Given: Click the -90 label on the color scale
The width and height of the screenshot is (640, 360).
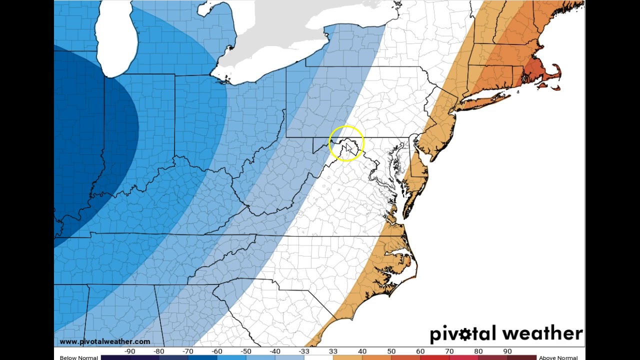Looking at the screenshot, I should pyautogui.click(x=130, y=351).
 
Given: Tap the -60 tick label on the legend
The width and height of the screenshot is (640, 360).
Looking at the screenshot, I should pyautogui.click(x=217, y=351).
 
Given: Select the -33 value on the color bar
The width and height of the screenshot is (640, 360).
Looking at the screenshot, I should pyautogui.click(x=304, y=351).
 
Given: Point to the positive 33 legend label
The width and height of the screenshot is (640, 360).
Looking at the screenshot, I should pyautogui.click(x=333, y=351).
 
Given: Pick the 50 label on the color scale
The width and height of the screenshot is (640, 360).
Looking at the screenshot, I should pyautogui.click(x=391, y=351).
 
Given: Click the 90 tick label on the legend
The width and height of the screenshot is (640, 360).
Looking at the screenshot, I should pyautogui.click(x=507, y=351).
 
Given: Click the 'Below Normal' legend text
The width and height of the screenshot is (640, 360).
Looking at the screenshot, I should pyautogui.click(x=78, y=357).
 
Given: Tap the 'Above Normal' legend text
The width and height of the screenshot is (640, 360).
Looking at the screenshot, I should pyautogui.click(x=558, y=357).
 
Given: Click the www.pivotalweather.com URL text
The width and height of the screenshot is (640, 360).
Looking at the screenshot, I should pyautogui.click(x=104, y=342).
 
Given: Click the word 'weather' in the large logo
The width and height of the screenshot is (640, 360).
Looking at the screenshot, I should pyautogui.click(x=543, y=333).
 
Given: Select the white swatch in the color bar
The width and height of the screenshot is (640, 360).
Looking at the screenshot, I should pyautogui.click(x=318, y=357).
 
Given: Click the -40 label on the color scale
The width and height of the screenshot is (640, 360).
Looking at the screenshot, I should pyautogui.click(x=275, y=351).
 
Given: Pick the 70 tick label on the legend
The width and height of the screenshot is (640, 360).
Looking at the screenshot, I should pyautogui.click(x=449, y=351).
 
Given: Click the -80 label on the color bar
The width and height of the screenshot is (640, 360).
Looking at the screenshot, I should pyautogui.click(x=159, y=351).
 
